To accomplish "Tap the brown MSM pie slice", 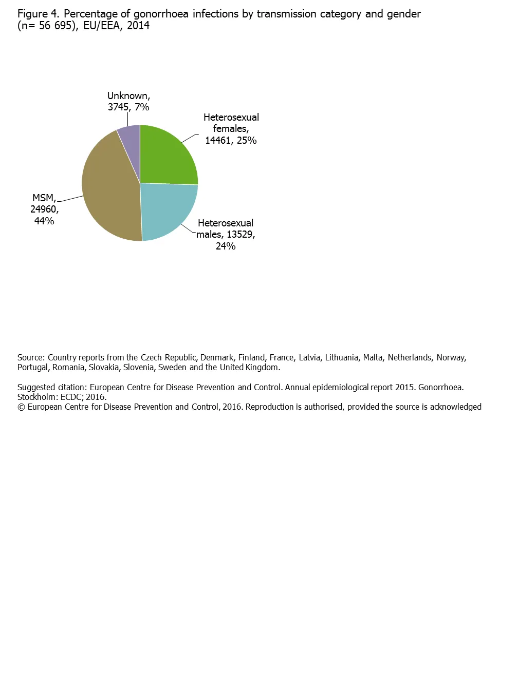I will [110, 190].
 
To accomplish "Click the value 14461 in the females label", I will [218, 141].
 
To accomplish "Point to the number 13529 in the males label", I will [240, 235].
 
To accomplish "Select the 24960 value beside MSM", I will [44, 209].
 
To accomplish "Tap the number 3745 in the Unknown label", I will [118, 107].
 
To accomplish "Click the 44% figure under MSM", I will [44, 221].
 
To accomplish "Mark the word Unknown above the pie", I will [128, 96].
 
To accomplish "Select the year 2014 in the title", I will [138, 26].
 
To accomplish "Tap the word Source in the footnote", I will [30, 358].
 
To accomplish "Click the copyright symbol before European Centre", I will [21, 407].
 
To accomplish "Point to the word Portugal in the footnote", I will [33, 368].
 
